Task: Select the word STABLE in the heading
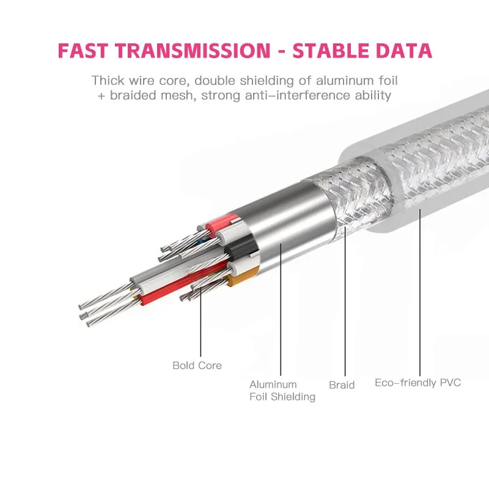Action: click(x=334, y=50)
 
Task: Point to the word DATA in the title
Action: click(x=405, y=50)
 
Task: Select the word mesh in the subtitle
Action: click(x=176, y=96)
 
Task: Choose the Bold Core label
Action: click(x=197, y=366)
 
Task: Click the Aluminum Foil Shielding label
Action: click(x=282, y=391)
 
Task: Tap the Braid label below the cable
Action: click(x=342, y=385)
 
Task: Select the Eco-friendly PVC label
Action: click(x=417, y=383)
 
